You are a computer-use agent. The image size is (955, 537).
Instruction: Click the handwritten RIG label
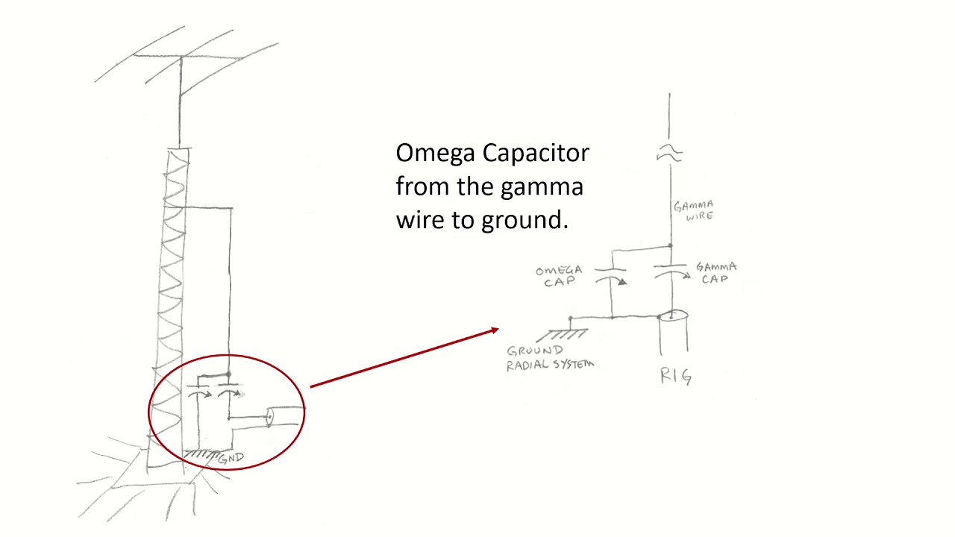pos(676,377)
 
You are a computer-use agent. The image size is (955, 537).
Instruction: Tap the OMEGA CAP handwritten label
pos(559,276)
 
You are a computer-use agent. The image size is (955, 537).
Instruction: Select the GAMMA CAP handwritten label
pos(716,273)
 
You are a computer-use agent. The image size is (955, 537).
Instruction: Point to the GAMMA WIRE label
pos(694,210)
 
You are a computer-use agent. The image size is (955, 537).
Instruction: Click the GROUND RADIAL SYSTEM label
pos(550,358)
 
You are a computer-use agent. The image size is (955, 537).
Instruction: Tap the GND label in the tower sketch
pos(231,459)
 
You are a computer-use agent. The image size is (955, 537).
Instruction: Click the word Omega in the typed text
pos(435,154)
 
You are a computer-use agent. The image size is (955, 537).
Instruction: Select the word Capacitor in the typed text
pos(536,154)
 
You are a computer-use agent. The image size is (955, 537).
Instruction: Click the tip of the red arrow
pos(499,329)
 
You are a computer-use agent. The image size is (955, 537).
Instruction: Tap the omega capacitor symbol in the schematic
pos(611,276)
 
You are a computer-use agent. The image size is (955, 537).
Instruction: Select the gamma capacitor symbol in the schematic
pos(672,271)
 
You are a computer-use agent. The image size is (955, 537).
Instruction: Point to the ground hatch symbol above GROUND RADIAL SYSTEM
pos(563,335)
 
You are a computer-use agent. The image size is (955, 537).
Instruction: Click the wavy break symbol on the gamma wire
pos(669,154)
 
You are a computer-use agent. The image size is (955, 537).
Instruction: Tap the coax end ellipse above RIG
pos(673,315)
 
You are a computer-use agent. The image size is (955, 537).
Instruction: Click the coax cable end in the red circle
pos(270,416)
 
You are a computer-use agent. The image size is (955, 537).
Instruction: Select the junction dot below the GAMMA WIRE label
pos(670,246)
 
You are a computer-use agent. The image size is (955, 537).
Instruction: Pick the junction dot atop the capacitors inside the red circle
pos(229,374)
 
